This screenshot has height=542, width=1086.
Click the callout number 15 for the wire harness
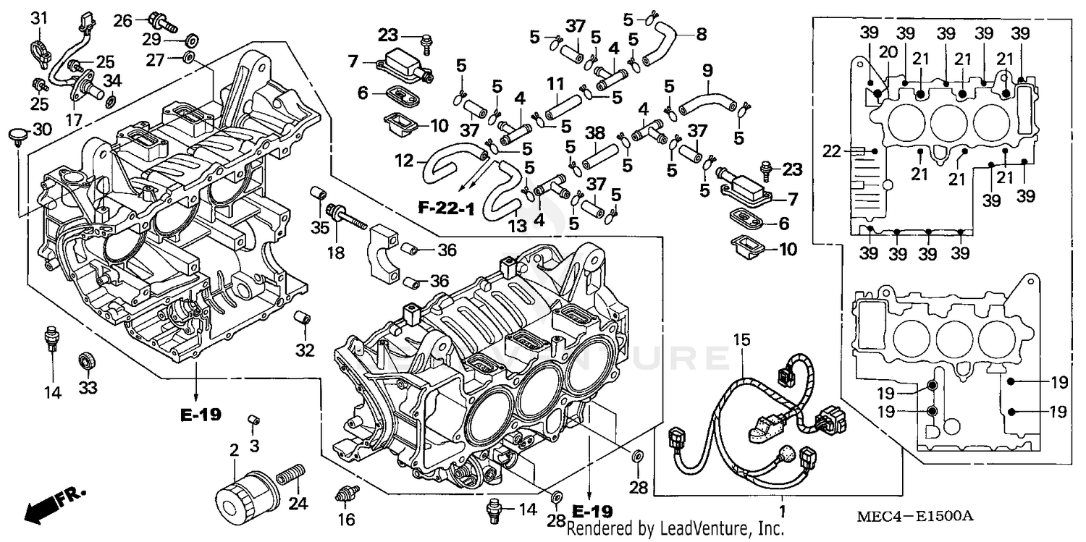(739, 339)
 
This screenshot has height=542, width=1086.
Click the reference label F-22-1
(446, 210)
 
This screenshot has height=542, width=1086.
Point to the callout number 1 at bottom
(781, 511)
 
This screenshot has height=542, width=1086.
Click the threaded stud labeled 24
(290, 477)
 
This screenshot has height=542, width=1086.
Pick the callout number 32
(305, 350)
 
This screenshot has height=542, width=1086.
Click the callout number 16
(346, 520)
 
